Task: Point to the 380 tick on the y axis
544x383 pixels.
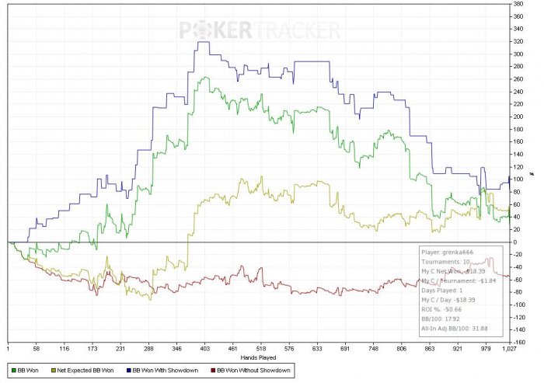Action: click(518, 4)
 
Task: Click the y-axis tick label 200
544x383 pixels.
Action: click(518, 117)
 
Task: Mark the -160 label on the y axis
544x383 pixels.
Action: click(518, 342)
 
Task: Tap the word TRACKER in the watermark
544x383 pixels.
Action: click(297, 30)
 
